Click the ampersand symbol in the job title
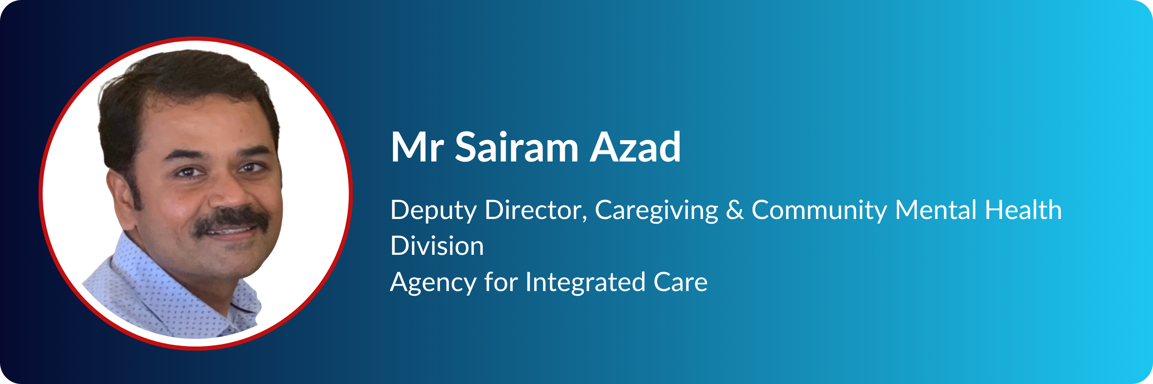click(x=734, y=210)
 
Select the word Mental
click(x=935, y=210)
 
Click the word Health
click(x=1023, y=210)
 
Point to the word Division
click(x=437, y=246)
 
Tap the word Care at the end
click(x=680, y=282)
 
